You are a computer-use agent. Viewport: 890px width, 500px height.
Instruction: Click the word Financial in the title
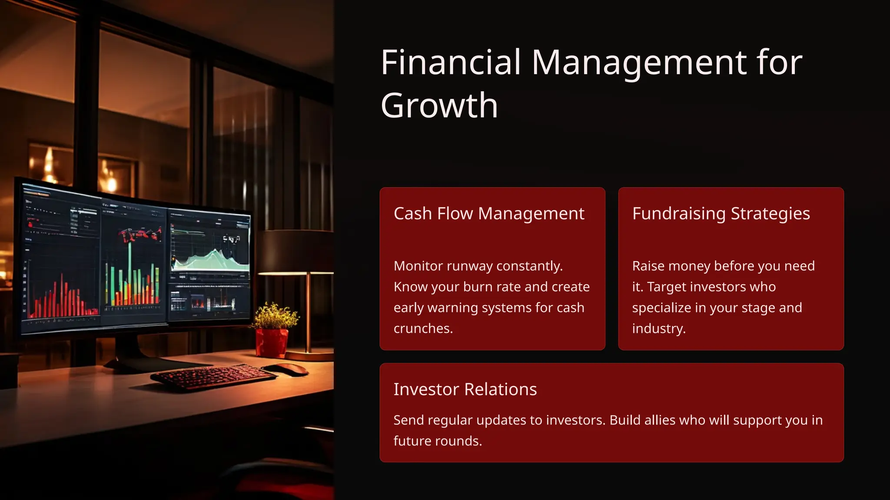(x=451, y=62)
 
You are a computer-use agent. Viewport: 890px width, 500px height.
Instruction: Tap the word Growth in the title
(x=439, y=105)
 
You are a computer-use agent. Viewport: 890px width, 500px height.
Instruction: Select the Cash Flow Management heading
(x=488, y=214)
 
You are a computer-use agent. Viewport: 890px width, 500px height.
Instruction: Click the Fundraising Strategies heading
(x=721, y=214)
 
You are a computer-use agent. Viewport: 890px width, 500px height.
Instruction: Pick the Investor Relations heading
(x=465, y=389)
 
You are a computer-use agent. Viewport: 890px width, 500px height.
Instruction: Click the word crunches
(x=423, y=329)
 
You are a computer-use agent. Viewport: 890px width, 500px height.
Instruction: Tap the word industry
(x=658, y=329)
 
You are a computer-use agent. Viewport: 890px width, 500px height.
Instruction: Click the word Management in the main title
(x=639, y=62)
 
